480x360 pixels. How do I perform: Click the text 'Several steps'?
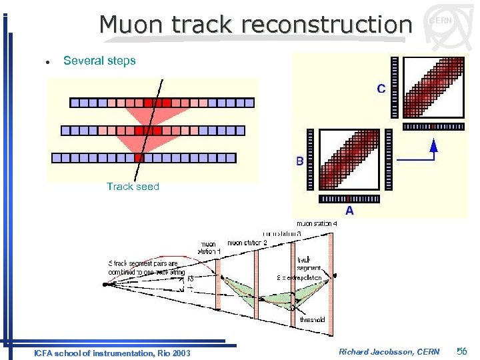click(x=99, y=61)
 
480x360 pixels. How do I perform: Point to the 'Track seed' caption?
click(x=133, y=187)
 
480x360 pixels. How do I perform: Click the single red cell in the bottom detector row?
click(x=139, y=158)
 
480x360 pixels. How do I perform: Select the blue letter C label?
click(x=381, y=89)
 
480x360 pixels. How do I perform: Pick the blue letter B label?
click(x=300, y=161)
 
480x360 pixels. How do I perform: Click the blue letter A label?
click(x=349, y=211)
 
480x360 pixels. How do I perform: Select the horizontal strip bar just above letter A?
click(x=349, y=199)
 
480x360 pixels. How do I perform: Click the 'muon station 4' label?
click(x=317, y=223)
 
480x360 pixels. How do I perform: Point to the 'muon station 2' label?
click(x=247, y=243)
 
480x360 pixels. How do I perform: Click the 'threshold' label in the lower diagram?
click(x=313, y=320)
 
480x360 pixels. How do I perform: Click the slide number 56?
click(x=463, y=351)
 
